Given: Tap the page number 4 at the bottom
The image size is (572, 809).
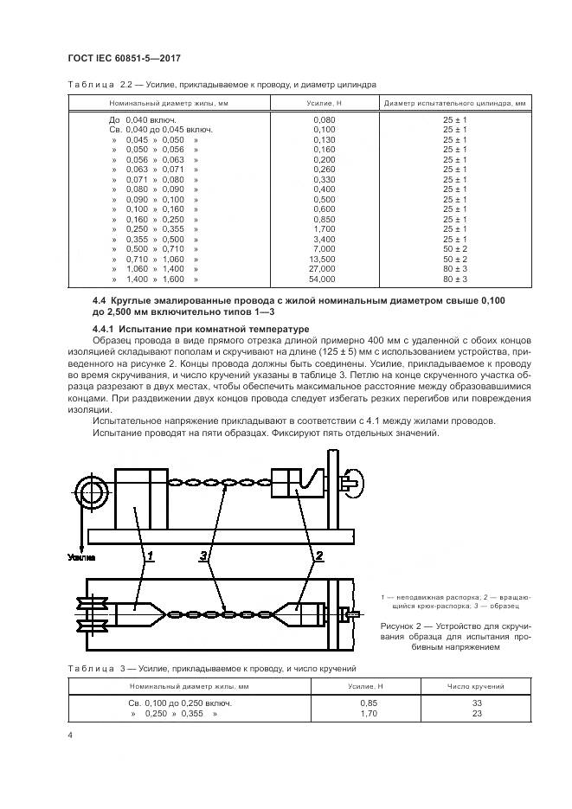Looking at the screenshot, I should (70, 735).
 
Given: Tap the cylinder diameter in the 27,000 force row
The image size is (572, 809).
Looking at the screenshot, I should (455, 269).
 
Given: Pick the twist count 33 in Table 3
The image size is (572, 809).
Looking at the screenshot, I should (476, 703).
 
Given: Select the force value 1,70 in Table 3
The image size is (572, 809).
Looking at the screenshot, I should (368, 713).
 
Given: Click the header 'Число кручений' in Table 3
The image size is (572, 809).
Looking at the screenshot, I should (476, 686).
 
